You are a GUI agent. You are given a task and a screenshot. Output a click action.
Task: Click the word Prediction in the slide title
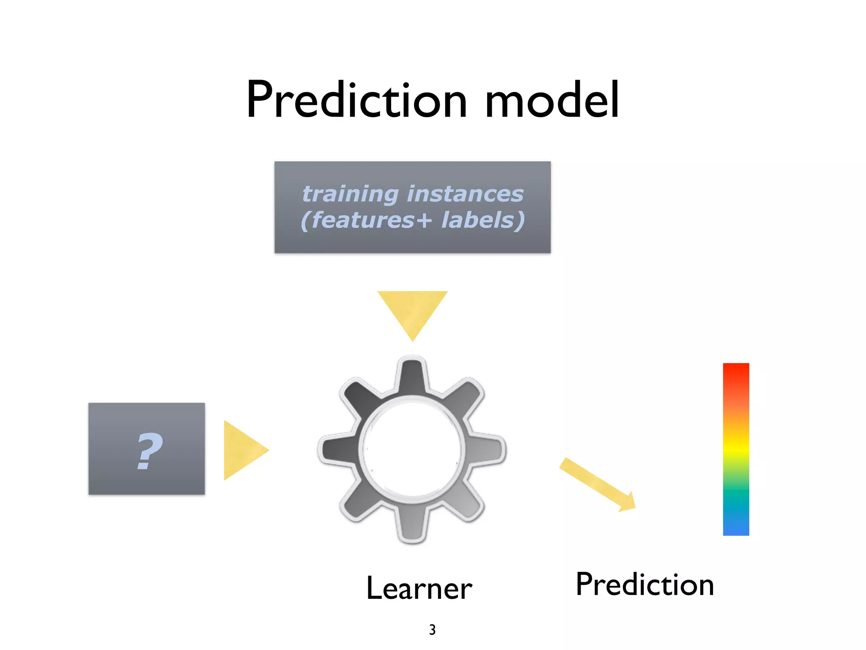(x=356, y=101)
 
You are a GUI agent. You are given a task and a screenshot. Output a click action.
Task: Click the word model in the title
(x=552, y=101)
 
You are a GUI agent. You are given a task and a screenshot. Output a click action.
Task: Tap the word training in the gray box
(x=350, y=194)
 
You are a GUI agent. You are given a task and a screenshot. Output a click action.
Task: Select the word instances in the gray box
(x=465, y=194)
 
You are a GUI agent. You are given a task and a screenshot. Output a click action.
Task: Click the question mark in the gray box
(x=149, y=452)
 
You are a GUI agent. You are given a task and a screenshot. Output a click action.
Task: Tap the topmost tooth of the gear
(x=412, y=375)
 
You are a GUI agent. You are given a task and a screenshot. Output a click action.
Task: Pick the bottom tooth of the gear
(x=412, y=525)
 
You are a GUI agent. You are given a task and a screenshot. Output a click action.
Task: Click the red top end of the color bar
(x=736, y=372)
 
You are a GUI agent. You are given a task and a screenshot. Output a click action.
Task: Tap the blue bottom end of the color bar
(x=736, y=527)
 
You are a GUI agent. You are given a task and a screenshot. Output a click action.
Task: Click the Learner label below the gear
(x=419, y=589)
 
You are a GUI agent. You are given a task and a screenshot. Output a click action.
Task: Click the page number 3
(x=432, y=630)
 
